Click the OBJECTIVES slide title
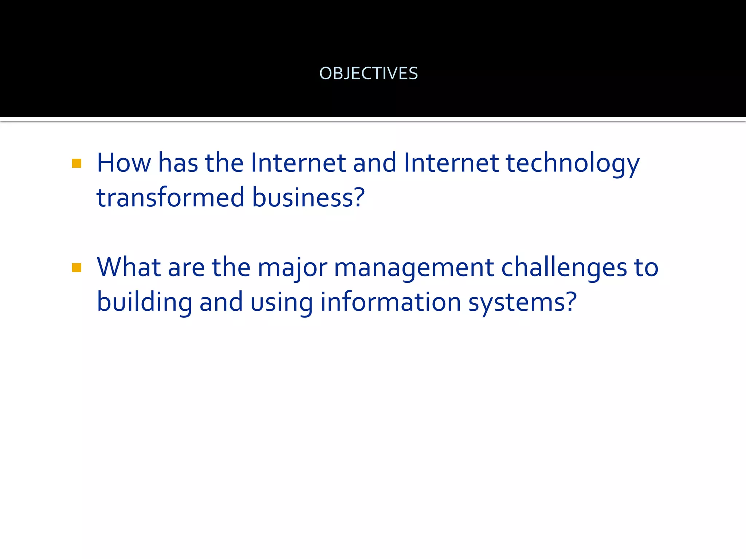click(x=368, y=74)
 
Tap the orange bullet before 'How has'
click(x=76, y=163)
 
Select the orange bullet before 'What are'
click(x=76, y=268)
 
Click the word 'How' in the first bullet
click(x=123, y=163)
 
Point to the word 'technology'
click(x=573, y=163)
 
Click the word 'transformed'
click(x=170, y=197)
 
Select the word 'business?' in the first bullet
click(x=308, y=197)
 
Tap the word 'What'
click(x=129, y=267)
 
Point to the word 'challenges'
click(x=564, y=267)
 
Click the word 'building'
click(x=144, y=302)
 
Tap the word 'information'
click(x=390, y=302)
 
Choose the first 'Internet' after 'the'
click(x=298, y=163)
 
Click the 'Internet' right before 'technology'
click(x=451, y=163)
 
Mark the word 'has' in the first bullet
click(x=178, y=163)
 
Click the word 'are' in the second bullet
click(x=186, y=268)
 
